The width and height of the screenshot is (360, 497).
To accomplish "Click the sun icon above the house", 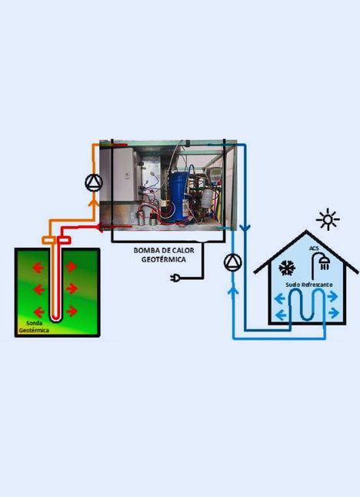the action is pos(328,219).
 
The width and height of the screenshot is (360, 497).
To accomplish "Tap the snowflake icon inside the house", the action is pos(287,268).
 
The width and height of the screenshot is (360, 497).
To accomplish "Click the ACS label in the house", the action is pos(314,248).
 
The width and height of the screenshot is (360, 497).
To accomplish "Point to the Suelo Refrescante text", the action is pos(308,285).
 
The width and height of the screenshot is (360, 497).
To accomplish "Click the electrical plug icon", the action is pos(175,278).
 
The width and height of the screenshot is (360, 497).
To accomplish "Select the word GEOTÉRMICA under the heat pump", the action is pos(164,259).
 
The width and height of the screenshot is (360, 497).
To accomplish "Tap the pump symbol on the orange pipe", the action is pos(94,182).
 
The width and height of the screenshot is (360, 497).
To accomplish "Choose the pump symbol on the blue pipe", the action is pos(233,262).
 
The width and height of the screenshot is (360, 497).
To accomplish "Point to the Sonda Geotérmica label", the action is pos(34,327).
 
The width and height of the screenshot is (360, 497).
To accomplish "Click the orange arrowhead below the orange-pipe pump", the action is pos(94,202).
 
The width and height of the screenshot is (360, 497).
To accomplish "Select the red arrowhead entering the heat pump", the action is pos(101,227).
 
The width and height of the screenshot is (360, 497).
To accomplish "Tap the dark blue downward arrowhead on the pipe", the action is pos(245,228).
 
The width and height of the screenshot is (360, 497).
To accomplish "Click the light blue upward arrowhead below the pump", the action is pos(233,290).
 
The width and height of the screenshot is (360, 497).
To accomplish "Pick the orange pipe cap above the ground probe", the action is pos(49,240).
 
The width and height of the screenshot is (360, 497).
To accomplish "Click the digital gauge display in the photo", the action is pos(213,175).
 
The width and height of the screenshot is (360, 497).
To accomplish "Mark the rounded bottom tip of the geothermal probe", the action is pos(56,319).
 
